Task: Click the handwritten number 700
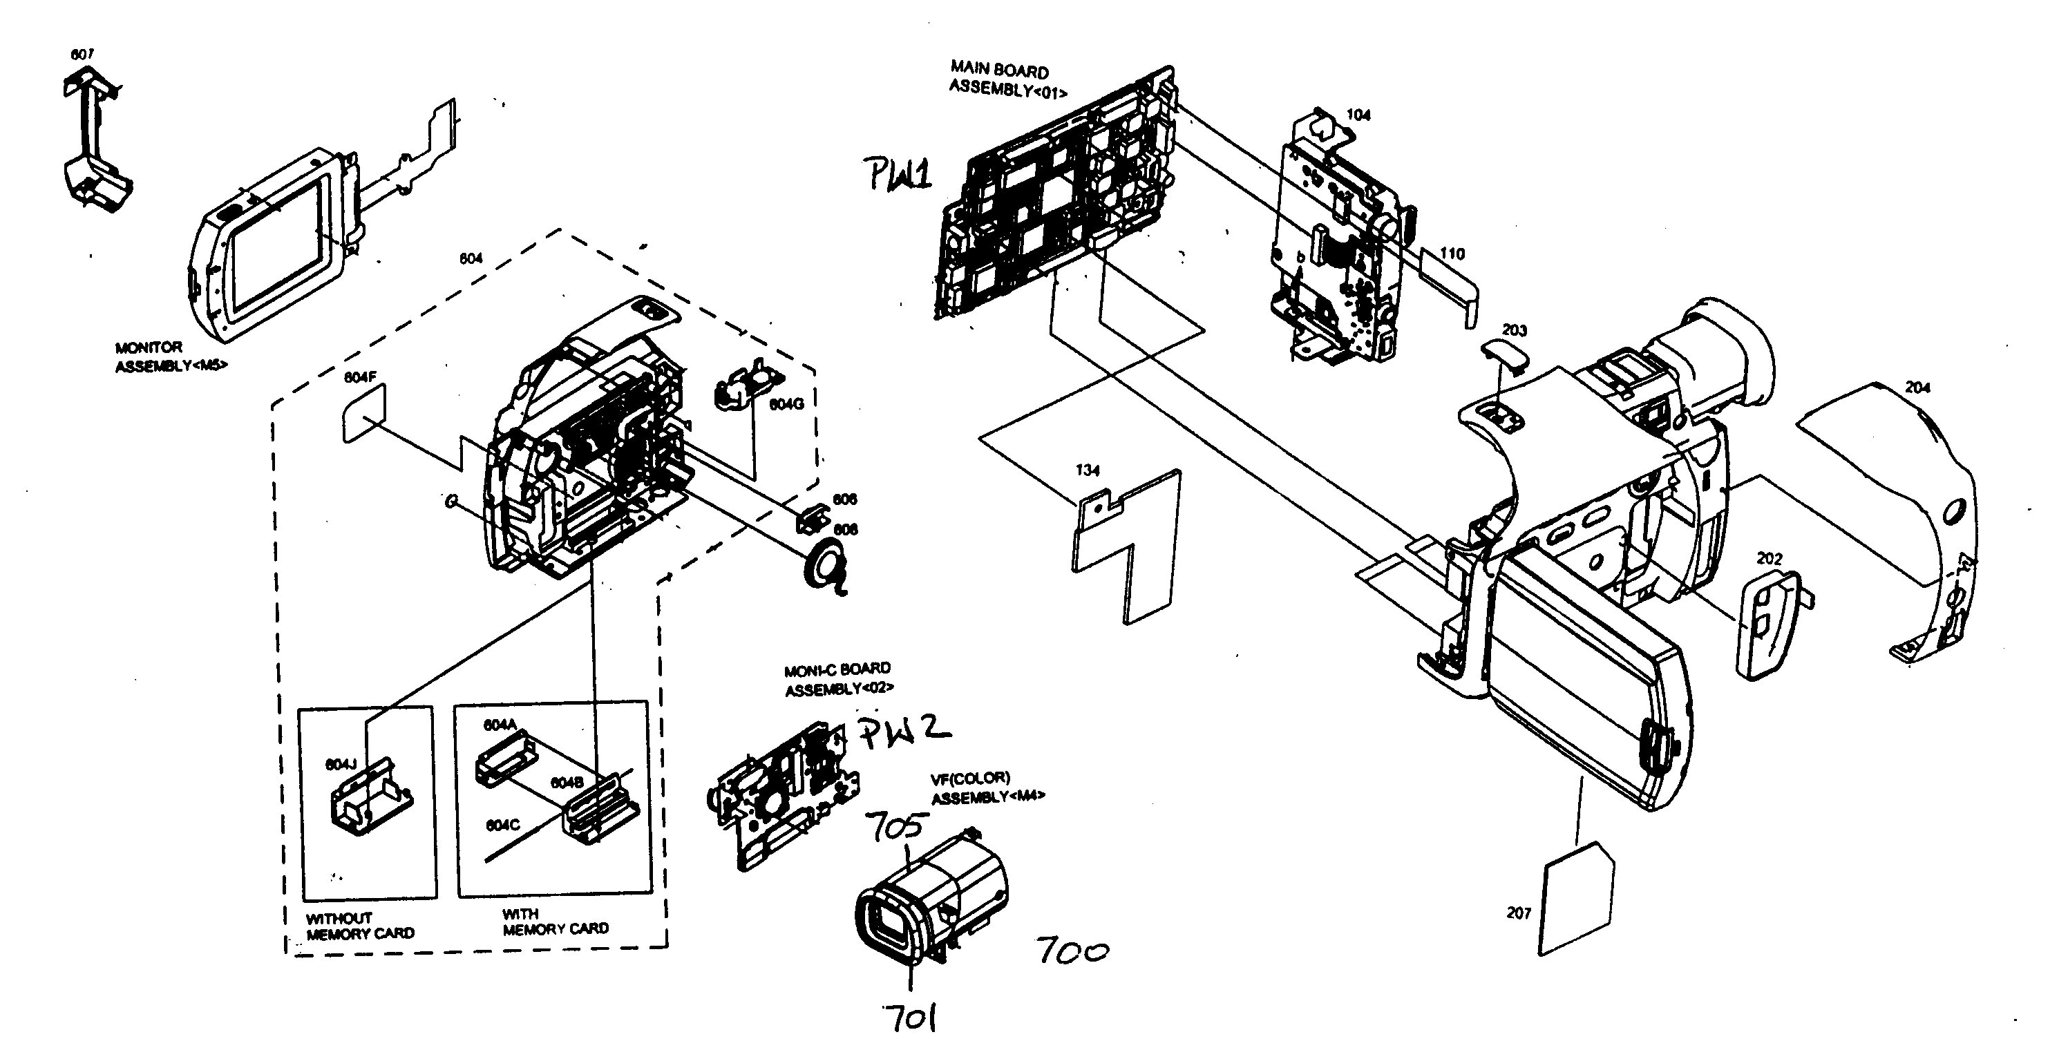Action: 1072,951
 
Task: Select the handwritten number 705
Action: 897,827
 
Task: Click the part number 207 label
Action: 1519,913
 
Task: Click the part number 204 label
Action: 1918,387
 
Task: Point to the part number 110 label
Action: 1452,254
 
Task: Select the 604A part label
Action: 500,725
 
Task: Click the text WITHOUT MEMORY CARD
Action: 360,926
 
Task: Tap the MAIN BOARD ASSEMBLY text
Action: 1007,79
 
